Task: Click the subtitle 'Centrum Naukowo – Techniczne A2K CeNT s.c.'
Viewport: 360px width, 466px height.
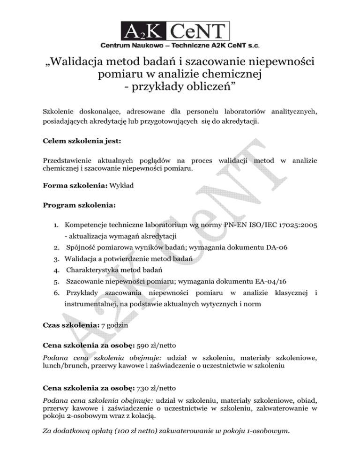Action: pos(180,46)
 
